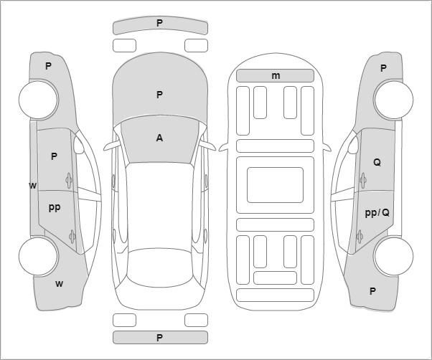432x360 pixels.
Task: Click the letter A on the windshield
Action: point(159,138)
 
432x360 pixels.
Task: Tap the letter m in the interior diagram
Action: point(276,75)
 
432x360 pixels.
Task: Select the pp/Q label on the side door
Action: point(377,212)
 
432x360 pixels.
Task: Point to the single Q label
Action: point(377,162)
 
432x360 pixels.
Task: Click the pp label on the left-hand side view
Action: point(55,207)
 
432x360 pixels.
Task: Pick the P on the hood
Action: point(159,95)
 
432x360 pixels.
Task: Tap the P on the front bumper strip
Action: point(159,23)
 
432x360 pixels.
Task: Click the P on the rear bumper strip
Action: point(159,338)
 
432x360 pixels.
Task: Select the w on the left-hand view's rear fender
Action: point(59,284)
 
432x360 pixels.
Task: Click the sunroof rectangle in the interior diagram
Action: point(275,185)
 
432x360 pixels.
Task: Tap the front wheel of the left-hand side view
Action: point(39,100)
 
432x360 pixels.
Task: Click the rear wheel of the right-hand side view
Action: point(393,256)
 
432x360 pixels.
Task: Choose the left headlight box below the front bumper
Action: point(124,45)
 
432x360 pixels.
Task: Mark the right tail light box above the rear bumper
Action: point(196,320)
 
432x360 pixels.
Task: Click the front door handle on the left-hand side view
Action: point(69,180)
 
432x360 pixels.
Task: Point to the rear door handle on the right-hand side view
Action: point(360,237)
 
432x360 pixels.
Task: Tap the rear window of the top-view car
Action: point(160,267)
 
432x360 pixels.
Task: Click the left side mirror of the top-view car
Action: point(112,146)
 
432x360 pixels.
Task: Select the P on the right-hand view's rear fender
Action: point(372,291)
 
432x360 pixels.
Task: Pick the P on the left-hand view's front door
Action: point(54,156)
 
